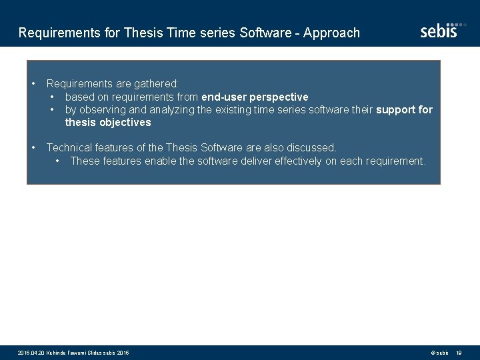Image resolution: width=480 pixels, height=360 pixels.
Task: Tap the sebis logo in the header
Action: click(439, 30)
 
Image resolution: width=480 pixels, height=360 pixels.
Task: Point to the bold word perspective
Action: click(279, 97)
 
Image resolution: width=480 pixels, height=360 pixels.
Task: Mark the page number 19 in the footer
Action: click(459, 352)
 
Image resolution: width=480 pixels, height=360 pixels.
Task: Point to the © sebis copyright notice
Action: click(439, 352)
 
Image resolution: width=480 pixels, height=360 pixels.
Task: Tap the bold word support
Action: click(395, 109)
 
